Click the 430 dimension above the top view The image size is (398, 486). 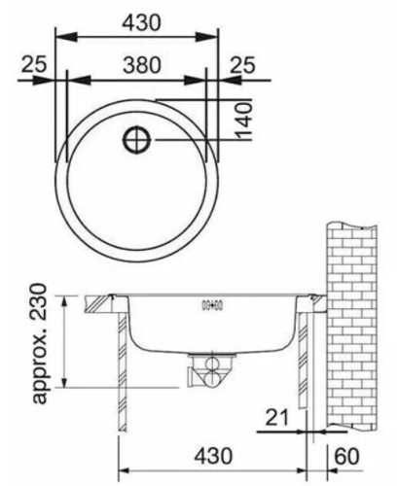135,17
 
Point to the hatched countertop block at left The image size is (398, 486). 97,303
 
